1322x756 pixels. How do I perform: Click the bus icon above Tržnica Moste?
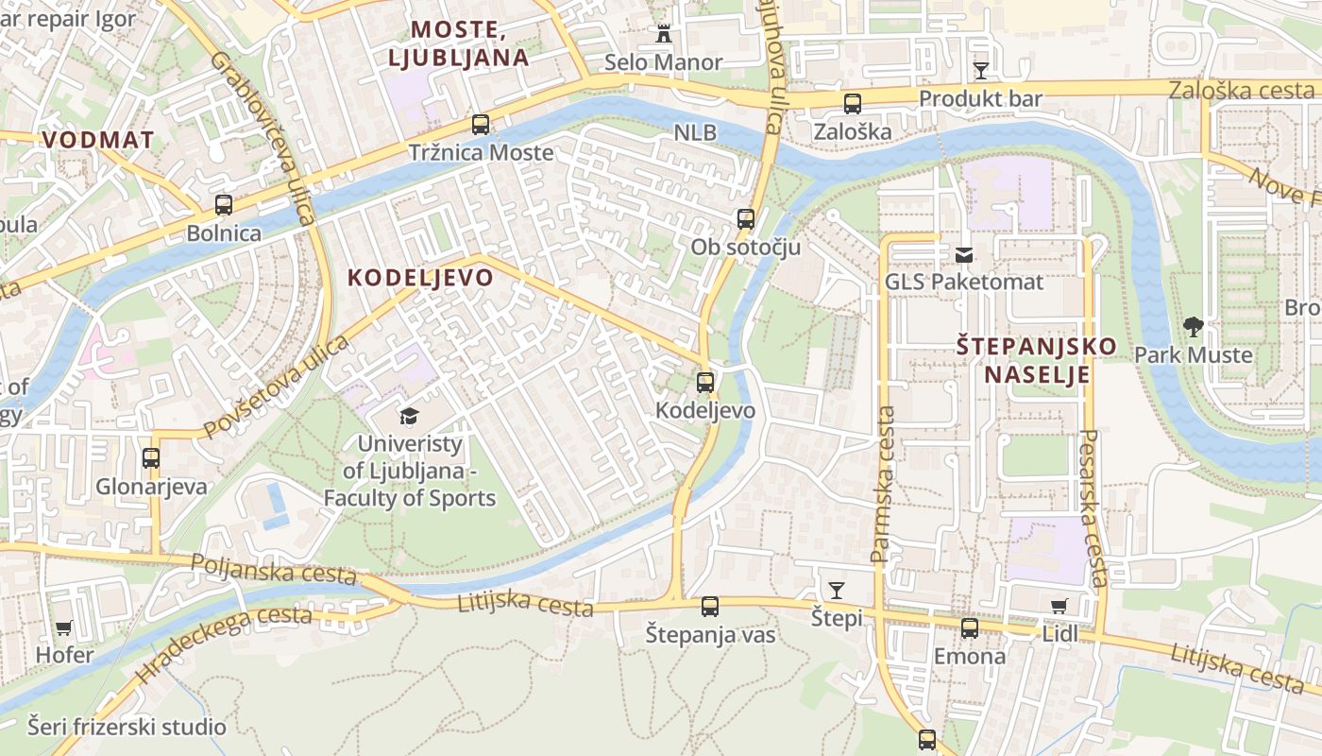click(481, 124)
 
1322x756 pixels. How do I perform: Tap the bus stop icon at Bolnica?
click(224, 204)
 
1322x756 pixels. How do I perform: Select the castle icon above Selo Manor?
click(664, 34)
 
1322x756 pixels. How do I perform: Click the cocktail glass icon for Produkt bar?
click(981, 70)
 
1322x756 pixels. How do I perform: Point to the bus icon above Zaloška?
click(853, 104)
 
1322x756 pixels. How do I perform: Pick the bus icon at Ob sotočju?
click(746, 219)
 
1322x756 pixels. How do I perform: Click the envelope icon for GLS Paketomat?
click(964, 254)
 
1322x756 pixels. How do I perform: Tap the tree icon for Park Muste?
click(1194, 328)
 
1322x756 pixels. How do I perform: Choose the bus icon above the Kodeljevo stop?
click(705, 383)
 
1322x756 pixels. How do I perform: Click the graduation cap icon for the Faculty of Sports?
click(409, 416)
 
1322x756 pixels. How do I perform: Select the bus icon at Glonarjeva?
click(151, 458)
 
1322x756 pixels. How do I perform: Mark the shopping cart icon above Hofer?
click(64, 627)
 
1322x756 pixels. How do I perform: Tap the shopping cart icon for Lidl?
click(1059, 606)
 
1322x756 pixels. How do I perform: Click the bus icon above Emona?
click(970, 628)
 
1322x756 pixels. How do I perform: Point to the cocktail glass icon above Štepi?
click(837, 591)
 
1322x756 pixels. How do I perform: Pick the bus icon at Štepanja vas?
click(710, 607)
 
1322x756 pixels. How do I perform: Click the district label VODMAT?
click(98, 140)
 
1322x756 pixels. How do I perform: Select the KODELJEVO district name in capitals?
click(420, 277)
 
